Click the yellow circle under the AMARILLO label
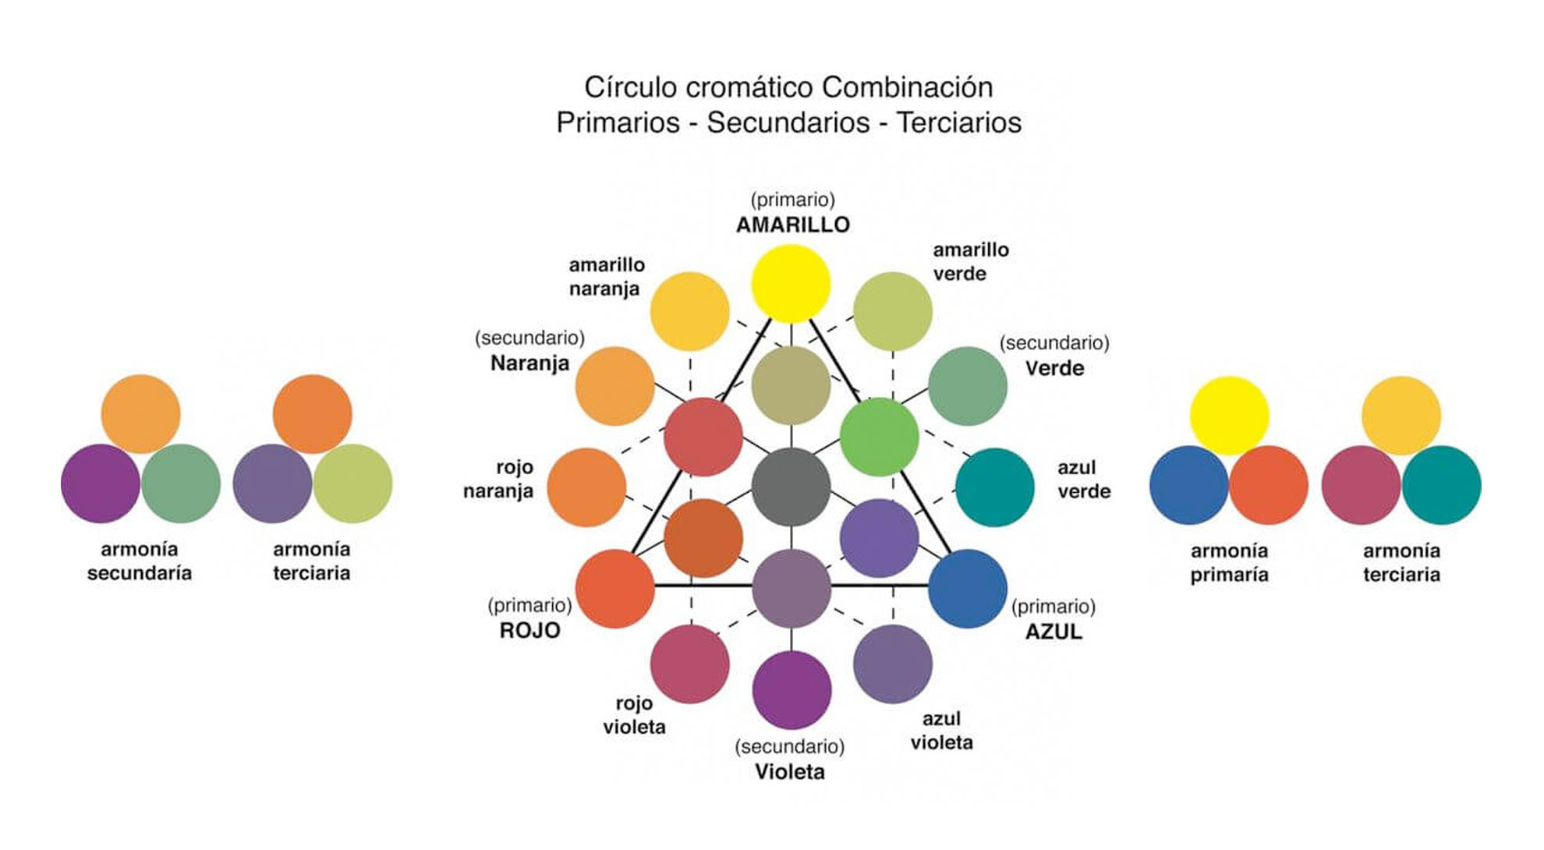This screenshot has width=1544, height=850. [791, 283]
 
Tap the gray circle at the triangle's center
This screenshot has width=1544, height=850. [791, 487]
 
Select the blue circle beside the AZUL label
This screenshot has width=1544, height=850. [967, 588]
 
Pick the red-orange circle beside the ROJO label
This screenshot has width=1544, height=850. [614, 588]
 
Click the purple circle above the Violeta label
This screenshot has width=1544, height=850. [791, 689]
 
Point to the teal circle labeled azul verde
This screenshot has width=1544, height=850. [994, 487]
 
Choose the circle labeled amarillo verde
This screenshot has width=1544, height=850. [892, 311]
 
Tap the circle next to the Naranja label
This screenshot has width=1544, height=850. [614, 386]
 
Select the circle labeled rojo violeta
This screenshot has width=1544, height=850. [689, 664]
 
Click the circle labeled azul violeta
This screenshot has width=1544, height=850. [892, 664]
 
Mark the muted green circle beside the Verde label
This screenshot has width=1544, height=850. [967, 386]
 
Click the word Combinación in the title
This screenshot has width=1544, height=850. [907, 87]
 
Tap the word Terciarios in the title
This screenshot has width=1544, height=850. [958, 122]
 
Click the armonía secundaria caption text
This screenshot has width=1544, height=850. [140, 561]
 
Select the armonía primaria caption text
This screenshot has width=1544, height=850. [1229, 562]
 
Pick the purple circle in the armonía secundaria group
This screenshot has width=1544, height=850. [101, 483]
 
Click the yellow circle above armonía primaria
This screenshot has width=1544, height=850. [1229, 415]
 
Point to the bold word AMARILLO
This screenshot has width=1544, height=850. [792, 225]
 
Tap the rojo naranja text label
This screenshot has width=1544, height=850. [498, 479]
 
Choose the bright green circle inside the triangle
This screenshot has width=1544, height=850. [879, 437]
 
